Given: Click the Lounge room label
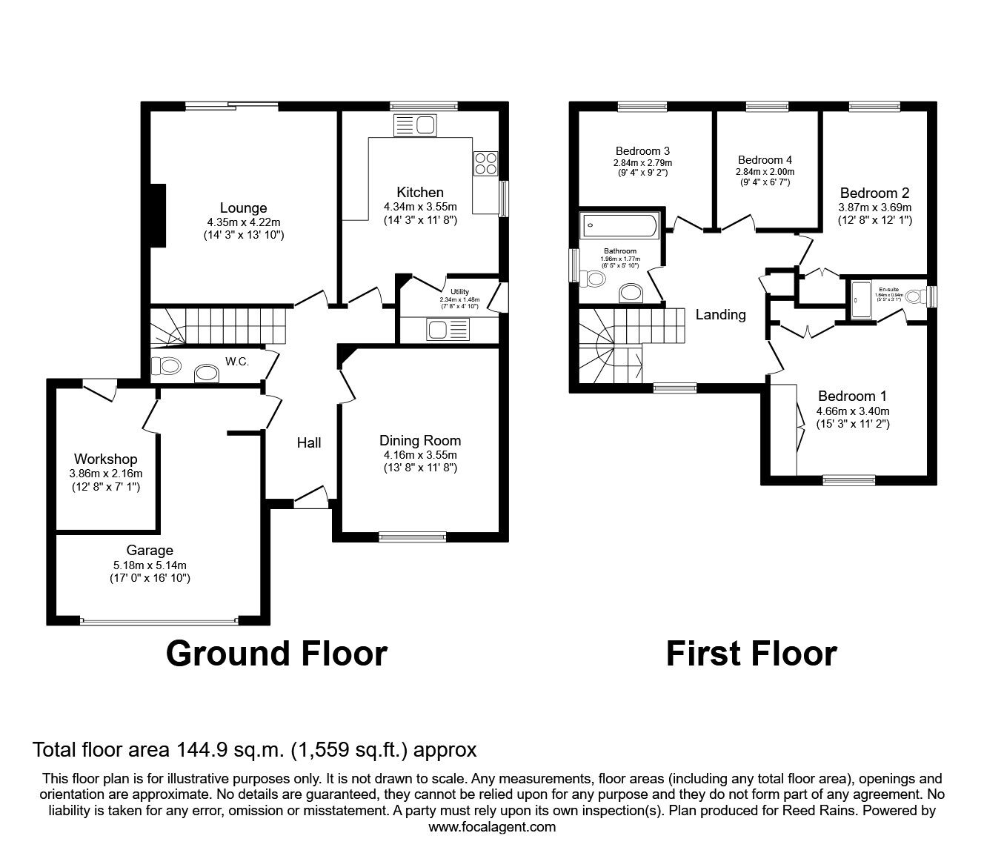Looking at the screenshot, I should click(243, 208).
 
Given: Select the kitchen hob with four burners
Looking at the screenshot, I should click(486, 163).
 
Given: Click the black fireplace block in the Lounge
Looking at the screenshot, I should click(157, 214).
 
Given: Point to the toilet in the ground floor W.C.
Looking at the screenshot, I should click(166, 365).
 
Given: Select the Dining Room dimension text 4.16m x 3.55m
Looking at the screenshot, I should click(420, 455).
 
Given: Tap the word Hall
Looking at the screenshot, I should click(309, 442).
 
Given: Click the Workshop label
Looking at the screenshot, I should click(105, 459).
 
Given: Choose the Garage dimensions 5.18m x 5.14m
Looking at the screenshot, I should click(150, 565).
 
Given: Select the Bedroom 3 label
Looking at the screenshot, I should click(642, 150).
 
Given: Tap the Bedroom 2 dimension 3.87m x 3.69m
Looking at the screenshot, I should click(874, 208).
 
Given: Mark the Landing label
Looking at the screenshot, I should click(720, 314).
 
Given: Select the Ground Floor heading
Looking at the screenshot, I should click(276, 653).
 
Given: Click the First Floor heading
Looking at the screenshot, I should click(751, 653).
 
